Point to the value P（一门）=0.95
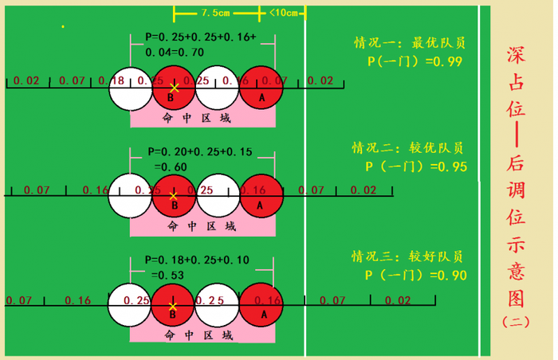(415, 166)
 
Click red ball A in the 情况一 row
(261, 88)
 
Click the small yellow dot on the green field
(63, 27)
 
